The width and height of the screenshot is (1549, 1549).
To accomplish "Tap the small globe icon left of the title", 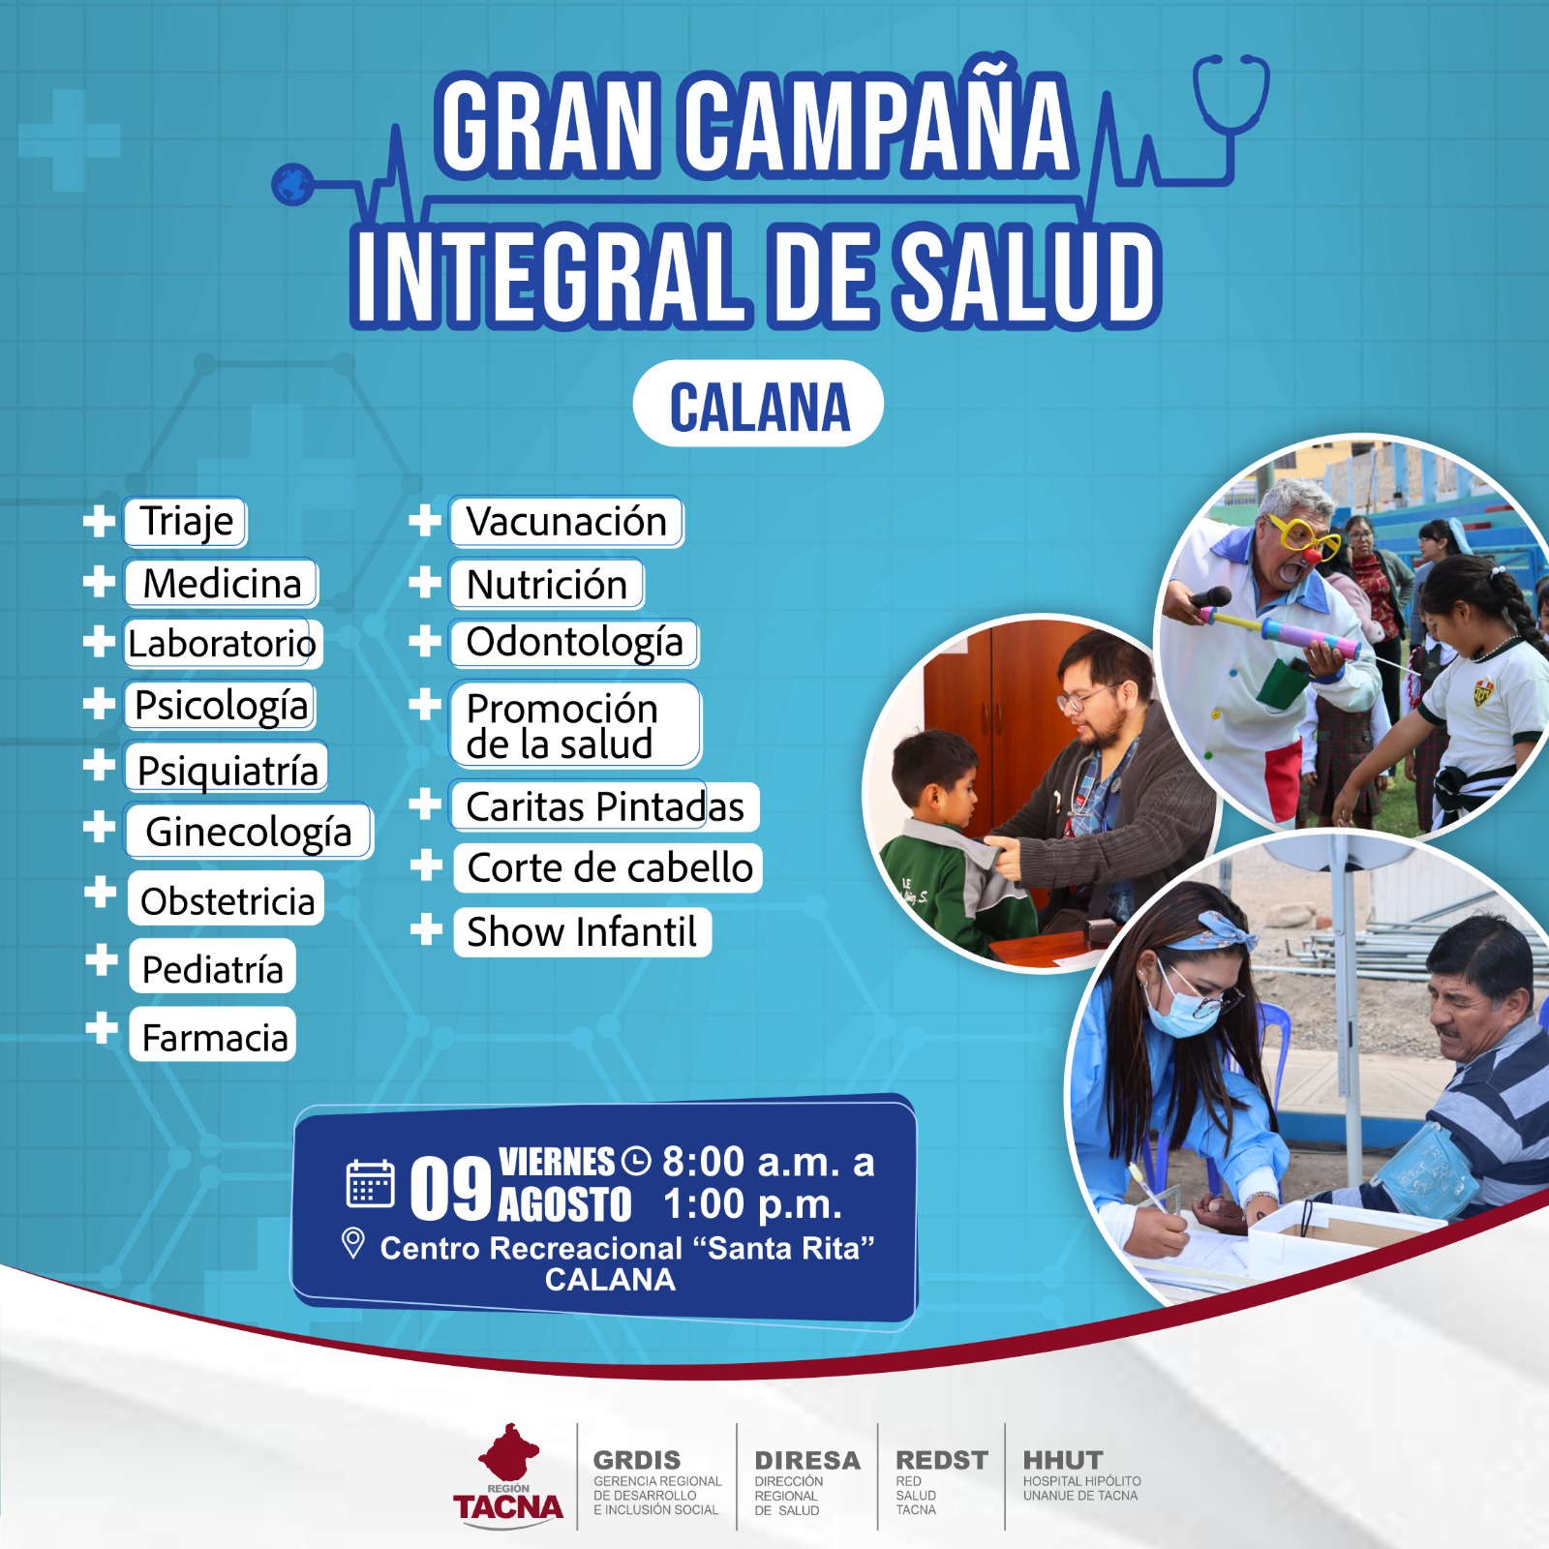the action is click(x=292, y=183).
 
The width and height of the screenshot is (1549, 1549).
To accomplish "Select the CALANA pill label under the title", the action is click(x=758, y=404).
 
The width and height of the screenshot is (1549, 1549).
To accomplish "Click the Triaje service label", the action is click(x=186, y=522).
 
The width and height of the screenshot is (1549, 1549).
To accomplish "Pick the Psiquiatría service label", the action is click(x=227, y=770).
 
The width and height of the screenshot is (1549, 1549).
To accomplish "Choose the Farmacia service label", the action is click(x=213, y=1037).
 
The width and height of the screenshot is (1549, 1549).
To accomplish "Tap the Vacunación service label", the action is click(x=566, y=522).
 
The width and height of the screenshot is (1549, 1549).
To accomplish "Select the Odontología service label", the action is click(x=574, y=643).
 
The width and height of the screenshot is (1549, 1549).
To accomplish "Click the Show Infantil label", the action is click(x=582, y=932).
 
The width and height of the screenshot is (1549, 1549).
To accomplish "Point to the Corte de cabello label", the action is click(x=609, y=867).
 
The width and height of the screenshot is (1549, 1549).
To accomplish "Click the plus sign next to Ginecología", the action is click(x=99, y=827).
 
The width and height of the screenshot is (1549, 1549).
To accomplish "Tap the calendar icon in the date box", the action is click(x=370, y=1183).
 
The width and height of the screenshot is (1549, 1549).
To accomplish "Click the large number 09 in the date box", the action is click(x=450, y=1188).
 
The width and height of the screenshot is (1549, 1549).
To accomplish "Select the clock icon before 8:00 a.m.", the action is click(x=636, y=1160).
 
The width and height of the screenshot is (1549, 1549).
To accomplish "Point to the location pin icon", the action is click(x=353, y=1243).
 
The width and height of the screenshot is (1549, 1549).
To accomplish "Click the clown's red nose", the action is click(x=1312, y=557).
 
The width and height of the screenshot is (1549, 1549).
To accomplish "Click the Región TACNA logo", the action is click(x=508, y=1476).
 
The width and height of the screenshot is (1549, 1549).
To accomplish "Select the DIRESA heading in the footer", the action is click(x=806, y=1460).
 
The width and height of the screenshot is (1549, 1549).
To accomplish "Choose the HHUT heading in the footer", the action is click(x=1063, y=1460).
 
